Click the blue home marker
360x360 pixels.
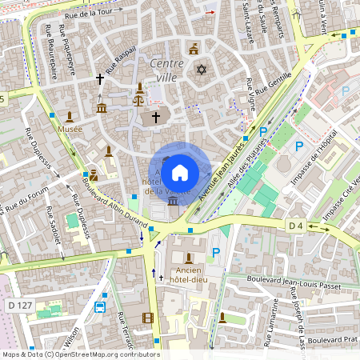click(180, 172)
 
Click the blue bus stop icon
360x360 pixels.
click(101, 307)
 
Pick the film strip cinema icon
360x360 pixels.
click(147, 318)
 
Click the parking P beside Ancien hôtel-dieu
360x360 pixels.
click(214, 253)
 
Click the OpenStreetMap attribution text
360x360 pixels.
click(80, 354)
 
